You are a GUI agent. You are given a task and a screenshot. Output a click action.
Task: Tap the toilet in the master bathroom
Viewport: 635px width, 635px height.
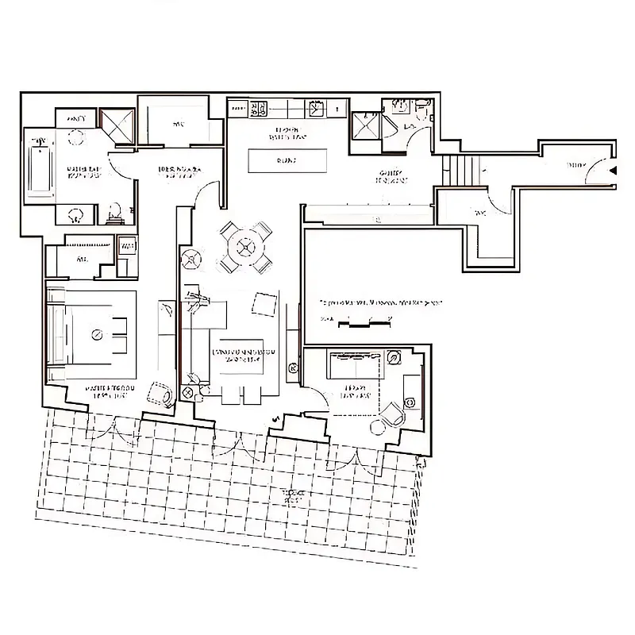114,212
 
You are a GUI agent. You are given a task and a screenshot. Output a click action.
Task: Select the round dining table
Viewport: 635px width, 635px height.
245,247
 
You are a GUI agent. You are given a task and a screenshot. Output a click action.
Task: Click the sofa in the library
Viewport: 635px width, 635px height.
357,368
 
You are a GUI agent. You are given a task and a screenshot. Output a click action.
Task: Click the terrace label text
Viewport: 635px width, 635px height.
298,497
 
